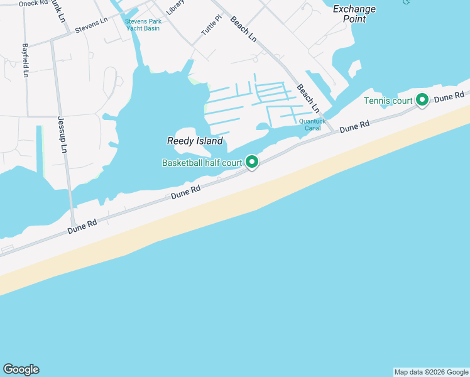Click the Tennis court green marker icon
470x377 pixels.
pos(422,99)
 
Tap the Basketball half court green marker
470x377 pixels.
pos(252,162)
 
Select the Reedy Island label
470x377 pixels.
pos(195,141)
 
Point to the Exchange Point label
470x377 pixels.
pos(354,14)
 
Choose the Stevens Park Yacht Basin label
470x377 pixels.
pos(143,25)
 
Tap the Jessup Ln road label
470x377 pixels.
pos(62,135)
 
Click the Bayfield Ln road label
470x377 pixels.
pos(25,60)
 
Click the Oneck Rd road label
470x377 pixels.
pos(33,3)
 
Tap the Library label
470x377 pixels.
pos(175,7)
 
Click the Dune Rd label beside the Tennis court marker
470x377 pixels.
pos(449,96)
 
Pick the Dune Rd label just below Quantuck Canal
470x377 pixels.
pos(354,127)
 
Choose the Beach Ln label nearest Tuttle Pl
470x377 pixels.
pos(244,29)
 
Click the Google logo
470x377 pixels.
pos(21,369)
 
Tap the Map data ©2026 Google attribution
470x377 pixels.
pos(431,372)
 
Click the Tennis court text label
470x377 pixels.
pos(388,101)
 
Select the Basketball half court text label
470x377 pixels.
pos(202,163)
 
